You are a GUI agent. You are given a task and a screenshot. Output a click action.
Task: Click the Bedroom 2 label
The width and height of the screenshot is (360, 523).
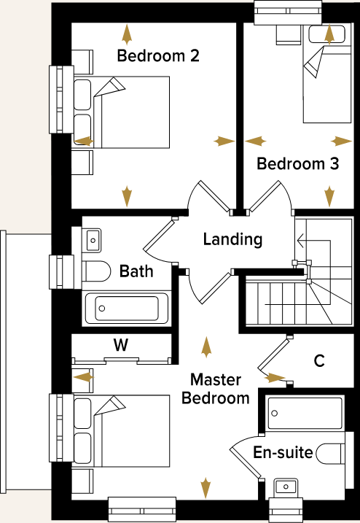coord(158,56)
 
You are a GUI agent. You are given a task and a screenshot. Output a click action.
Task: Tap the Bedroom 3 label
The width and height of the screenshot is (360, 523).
coord(297,164)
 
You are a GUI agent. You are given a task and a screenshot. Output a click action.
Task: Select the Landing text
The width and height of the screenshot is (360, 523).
coord(232,239)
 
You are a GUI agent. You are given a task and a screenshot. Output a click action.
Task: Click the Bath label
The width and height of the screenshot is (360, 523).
coord(137,271)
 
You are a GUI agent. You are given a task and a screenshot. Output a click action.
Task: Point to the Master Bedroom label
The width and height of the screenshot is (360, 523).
coord(215,389)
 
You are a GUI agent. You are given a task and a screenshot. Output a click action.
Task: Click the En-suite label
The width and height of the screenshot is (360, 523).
coord(283,453)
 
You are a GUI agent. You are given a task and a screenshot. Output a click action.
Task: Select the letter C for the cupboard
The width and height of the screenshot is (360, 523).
coord(318,360)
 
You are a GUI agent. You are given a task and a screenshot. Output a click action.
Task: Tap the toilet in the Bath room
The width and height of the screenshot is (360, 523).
coord(93,271)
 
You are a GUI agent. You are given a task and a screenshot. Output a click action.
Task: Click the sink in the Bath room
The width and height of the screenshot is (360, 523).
coord(92,238)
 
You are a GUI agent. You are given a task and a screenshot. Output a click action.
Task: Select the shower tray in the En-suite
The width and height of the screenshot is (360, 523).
coord(304,414)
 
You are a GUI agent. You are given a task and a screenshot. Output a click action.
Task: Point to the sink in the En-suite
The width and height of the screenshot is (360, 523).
coord(286,487)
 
